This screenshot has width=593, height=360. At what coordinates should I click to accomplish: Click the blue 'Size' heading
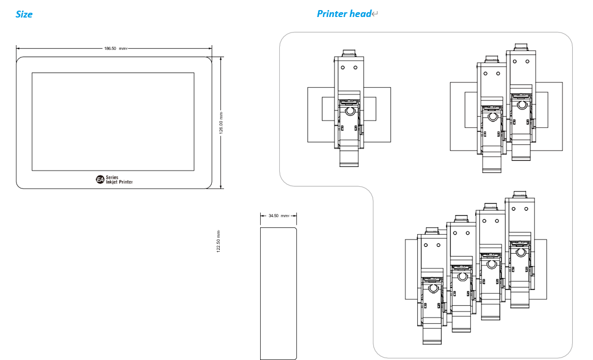tap(24, 14)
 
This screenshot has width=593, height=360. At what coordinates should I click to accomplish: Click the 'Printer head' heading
tap(344, 14)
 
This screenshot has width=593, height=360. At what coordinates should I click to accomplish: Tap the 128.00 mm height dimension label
tap(221, 123)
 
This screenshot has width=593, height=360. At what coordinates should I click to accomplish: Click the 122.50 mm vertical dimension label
tap(218, 241)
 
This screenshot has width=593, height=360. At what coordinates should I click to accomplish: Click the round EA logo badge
tap(100, 179)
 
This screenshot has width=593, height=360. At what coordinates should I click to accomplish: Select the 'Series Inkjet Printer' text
tap(119, 179)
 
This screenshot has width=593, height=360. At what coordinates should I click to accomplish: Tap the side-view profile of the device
tap(278, 294)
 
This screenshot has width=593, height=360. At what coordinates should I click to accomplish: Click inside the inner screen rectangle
tap(113, 122)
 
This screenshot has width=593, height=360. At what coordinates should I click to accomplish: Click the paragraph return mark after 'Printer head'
tap(375, 14)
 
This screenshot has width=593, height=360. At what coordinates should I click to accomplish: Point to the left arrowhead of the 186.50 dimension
tap(18, 48)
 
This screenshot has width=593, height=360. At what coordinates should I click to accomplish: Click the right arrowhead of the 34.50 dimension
tap(295, 216)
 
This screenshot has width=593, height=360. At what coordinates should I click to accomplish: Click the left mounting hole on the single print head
tap(342, 67)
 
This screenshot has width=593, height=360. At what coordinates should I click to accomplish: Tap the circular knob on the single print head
tap(349, 111)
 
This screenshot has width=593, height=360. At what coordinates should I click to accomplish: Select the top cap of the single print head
tap(349, 53)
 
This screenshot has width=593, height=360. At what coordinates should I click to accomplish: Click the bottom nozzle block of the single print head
tap(349, 158)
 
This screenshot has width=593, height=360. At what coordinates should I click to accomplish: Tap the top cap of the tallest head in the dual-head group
tap(521, 47)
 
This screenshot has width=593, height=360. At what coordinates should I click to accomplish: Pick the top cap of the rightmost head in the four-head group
tap(520, 194)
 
